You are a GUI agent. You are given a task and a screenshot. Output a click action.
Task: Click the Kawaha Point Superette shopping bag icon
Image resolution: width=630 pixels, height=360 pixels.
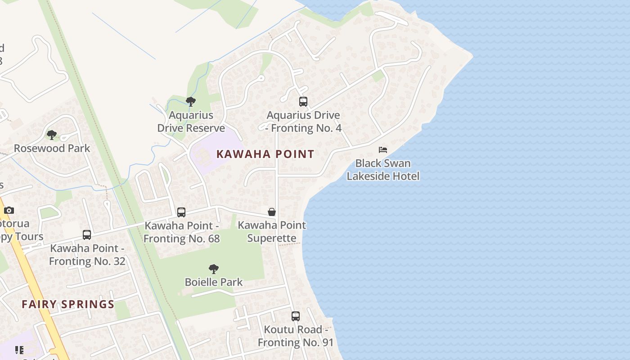click(x=272, y=211)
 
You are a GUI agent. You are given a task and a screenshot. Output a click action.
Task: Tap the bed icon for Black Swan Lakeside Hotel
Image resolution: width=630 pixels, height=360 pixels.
click(x=383, y=150)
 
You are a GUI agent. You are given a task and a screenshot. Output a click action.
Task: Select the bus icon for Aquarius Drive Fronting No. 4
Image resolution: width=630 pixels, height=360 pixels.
click(x=303, y=102)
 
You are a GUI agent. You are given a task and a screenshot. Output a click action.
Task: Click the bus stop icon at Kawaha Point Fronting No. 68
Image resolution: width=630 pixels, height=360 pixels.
click(x=181, y=212)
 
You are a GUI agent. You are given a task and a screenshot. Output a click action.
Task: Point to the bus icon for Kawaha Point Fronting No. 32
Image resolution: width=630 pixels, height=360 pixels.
click(x=87, y=235)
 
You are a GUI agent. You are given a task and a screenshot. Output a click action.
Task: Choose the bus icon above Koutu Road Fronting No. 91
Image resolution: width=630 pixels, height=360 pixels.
click(x=296, y=316)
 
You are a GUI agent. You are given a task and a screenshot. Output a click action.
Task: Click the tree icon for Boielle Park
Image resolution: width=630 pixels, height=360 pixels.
click(x=214, y=269)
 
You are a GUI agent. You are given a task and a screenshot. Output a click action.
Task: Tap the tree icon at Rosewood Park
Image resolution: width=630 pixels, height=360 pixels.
click(x=52, y=135)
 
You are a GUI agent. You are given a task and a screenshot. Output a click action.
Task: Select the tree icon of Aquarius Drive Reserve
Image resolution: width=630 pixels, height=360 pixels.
click(x=191, y=102)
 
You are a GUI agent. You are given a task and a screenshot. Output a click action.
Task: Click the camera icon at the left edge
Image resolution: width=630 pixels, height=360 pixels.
click(x=9, y=210)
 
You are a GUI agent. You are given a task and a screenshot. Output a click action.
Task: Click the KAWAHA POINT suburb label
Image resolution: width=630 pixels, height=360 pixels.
click(x=265, y=154)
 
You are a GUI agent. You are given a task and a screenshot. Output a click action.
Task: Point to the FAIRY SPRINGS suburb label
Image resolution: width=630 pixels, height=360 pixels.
click(x=68, y=304)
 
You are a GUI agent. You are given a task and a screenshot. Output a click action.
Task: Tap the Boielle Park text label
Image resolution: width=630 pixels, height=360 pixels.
click(x=214, y=282)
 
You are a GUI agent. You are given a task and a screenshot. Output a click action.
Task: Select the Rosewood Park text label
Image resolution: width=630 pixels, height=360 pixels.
click(x=52, y=148)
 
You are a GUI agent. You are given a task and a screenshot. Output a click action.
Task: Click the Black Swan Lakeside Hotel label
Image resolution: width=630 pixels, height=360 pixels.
click(x=383, y=170)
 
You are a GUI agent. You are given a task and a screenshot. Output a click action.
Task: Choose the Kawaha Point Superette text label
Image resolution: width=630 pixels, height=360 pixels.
click(x=272, y=231)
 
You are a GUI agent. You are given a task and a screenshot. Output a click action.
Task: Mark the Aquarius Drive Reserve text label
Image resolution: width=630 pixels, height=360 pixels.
click(x=191, y=121)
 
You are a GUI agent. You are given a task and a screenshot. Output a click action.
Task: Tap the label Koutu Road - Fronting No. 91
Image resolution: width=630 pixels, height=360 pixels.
click(x=296, y=336)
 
